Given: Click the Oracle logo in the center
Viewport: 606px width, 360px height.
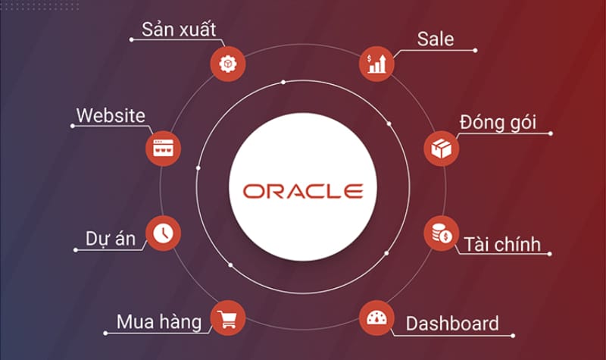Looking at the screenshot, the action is pos(303,191).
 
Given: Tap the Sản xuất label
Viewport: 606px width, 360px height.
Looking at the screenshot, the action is pos(179,29).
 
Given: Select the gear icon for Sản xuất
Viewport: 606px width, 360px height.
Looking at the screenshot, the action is pos(228,64).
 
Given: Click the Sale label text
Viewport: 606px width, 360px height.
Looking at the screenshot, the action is pos(435,39).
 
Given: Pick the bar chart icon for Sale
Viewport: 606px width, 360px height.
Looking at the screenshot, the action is pos(376,64).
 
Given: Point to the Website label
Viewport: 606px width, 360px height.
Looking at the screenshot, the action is pos(111,116).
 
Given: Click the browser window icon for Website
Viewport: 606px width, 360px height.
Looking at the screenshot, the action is pos(163,149).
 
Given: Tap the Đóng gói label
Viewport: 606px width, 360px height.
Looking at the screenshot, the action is pos(498,123).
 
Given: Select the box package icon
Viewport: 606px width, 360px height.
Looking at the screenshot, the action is pos(442,149).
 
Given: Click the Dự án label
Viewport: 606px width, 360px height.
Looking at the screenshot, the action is pos(111,239).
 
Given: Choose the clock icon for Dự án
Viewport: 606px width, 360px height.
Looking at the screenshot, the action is pos(163,233).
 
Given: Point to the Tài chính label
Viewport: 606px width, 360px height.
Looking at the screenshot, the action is pos(502,244).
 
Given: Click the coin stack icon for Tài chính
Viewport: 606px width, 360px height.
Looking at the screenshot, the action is pos(442,233).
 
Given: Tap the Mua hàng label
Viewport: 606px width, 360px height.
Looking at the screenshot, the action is pos(159,322).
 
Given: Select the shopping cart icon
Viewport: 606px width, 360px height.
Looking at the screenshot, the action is pos(228,318).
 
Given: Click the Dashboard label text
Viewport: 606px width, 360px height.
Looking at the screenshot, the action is pos(452,324).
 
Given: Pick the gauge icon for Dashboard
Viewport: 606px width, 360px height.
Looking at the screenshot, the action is pos(376,318).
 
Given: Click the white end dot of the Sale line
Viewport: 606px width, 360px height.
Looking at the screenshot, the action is pos(475,51).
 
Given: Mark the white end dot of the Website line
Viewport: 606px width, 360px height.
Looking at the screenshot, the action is pos(72,126).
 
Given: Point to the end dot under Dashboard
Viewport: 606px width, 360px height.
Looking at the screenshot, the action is pos(513,336).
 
